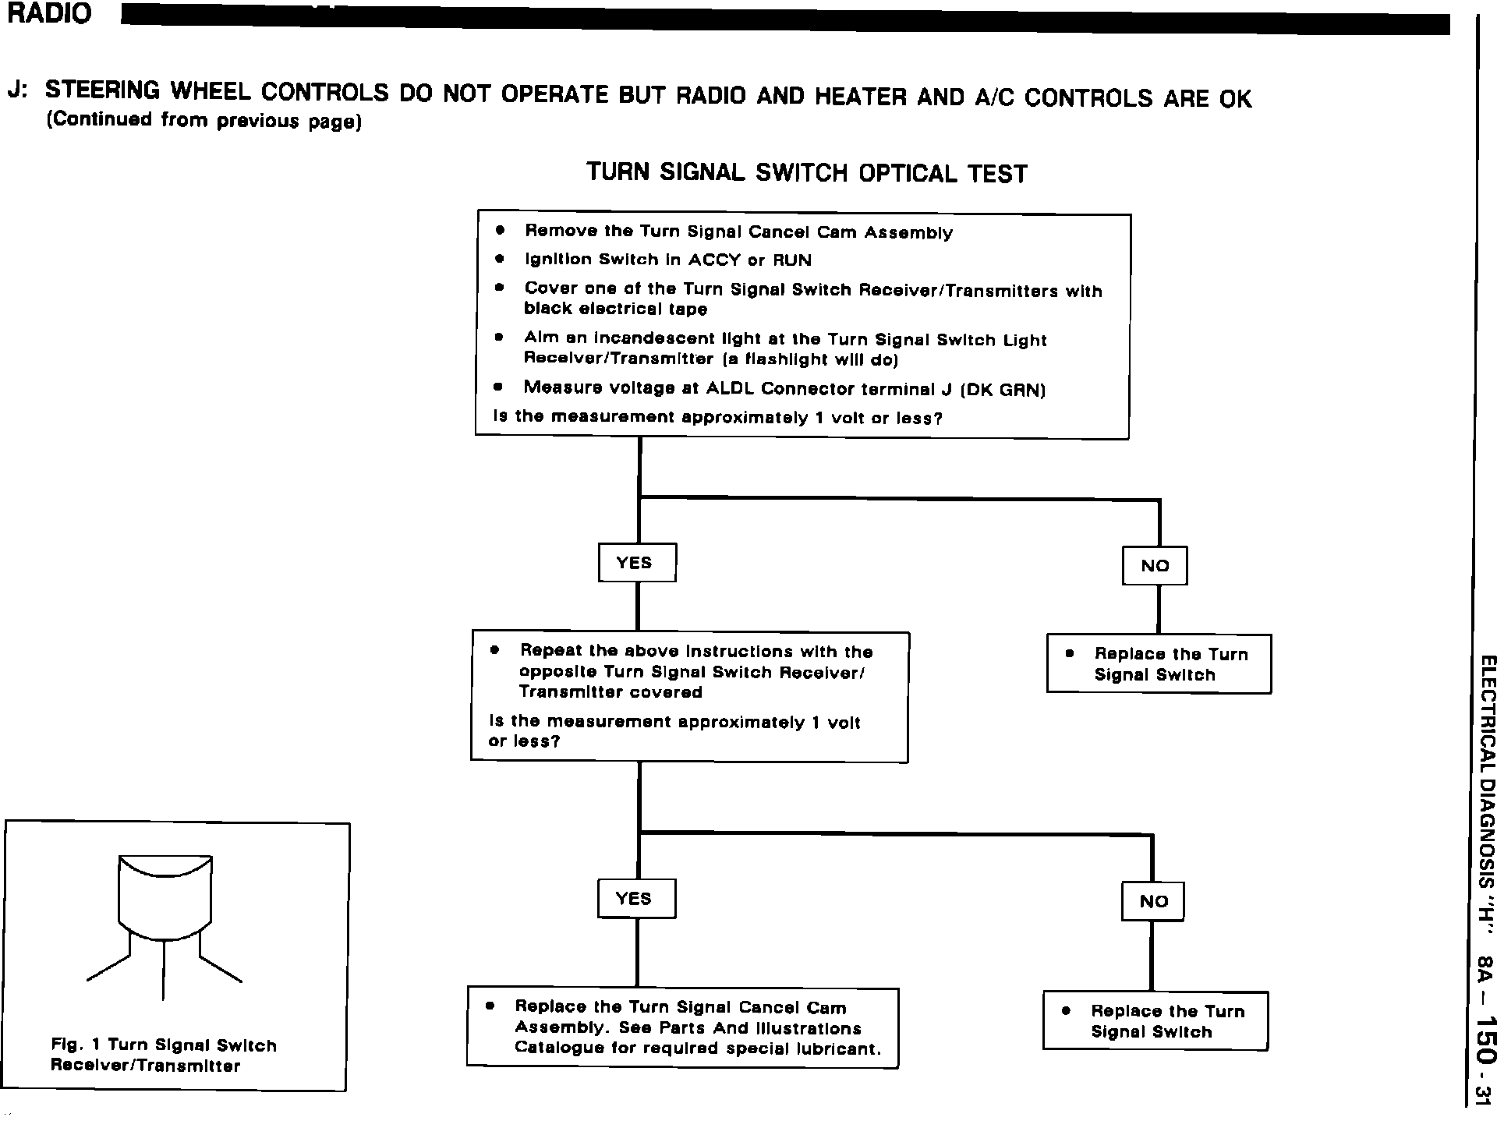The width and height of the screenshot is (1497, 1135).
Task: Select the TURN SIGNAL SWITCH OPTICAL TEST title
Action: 806,172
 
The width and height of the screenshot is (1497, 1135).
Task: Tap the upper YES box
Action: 636,563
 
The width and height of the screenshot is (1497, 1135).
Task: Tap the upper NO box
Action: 1154,566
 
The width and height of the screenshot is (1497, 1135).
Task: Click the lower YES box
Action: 635,899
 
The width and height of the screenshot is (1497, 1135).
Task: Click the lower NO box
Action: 1152,902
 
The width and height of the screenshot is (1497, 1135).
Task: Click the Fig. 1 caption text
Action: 164,1055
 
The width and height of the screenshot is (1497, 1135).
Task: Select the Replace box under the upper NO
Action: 1159,664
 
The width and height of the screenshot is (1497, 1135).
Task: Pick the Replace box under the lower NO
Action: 1155,1021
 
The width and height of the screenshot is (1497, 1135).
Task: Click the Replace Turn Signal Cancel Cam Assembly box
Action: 683,1027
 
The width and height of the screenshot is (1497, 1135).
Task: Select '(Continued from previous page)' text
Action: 204,121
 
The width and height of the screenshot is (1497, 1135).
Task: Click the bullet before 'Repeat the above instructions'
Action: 494,650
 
